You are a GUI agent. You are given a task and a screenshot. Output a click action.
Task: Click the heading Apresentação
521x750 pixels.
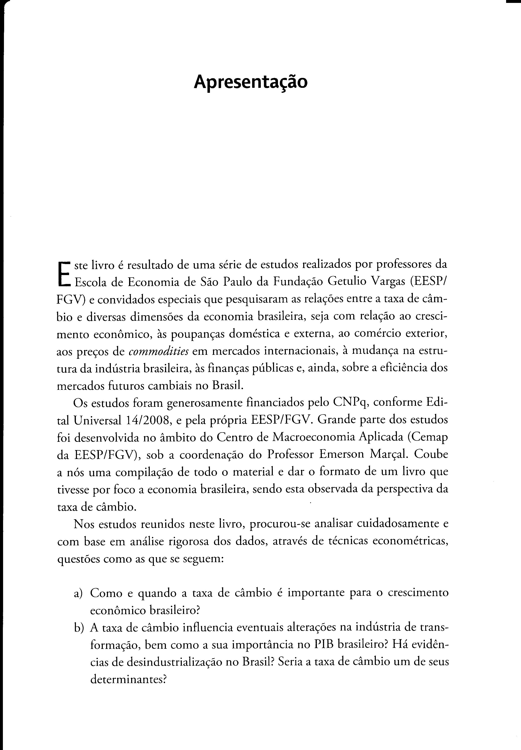pyautogui.click(x=250, y=82)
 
